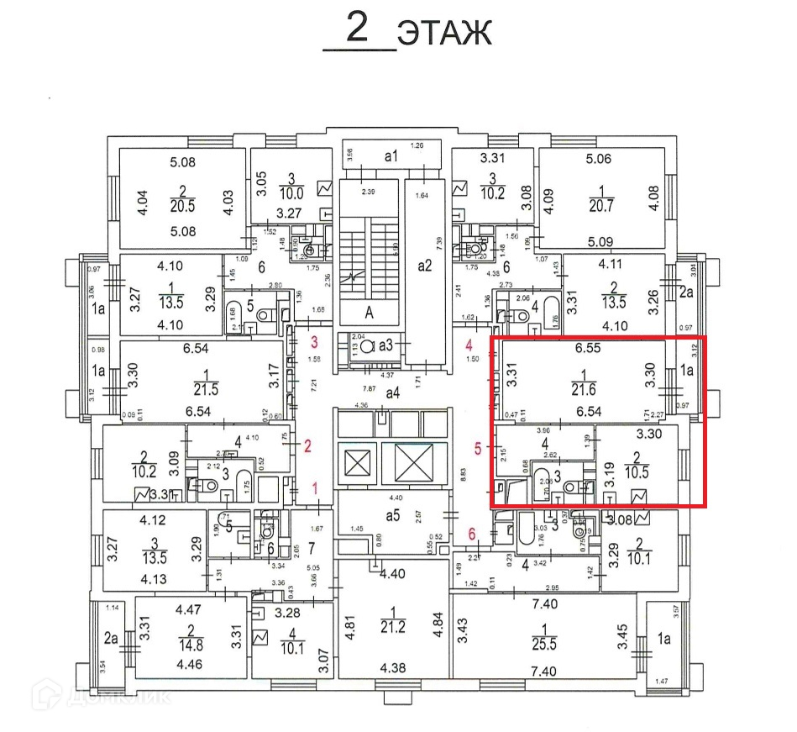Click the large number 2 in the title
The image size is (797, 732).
coord(358,30)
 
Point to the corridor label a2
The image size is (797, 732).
coord(424,266)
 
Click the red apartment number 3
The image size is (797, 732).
coord(315,343)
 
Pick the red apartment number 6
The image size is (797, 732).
coord(472,534)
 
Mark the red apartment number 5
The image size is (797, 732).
coord(477,450)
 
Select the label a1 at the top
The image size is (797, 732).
coord(390,156)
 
